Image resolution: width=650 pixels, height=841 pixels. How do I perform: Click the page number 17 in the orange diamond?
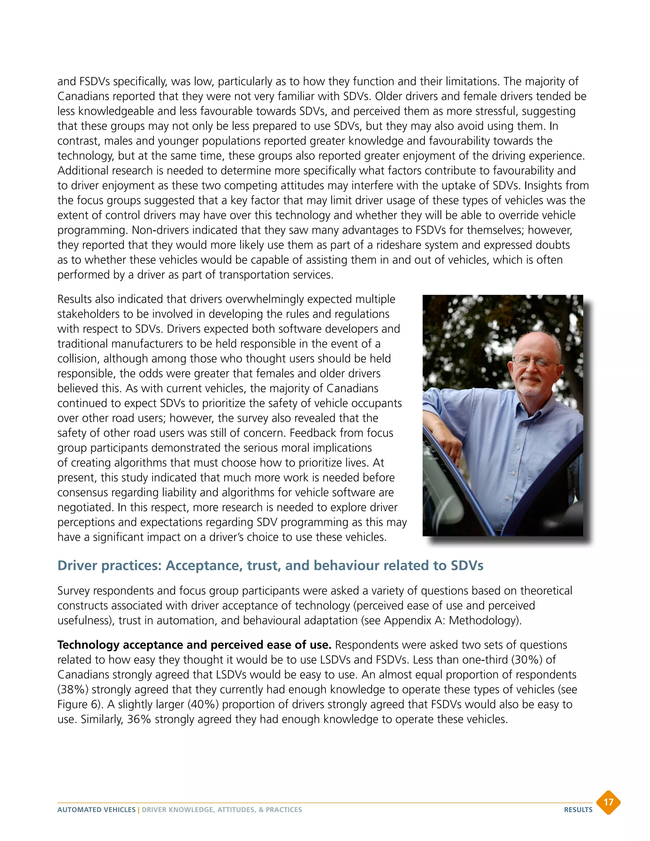(x=608, y=802)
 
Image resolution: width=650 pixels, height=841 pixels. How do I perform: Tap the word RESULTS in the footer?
(x=578, y=810)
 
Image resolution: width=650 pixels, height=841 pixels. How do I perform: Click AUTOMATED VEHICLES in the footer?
(x=96, y=810)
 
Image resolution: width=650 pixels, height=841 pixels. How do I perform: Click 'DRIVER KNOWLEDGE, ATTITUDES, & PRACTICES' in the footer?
(x=222, y=810)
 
